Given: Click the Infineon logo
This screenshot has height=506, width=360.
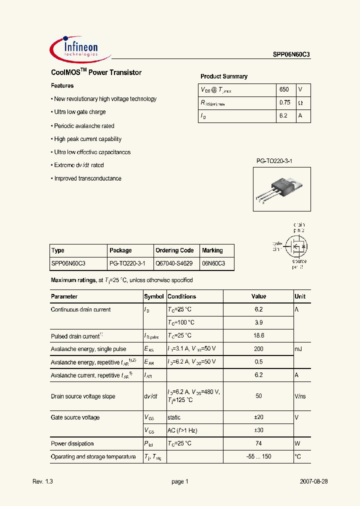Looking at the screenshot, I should (75, 48).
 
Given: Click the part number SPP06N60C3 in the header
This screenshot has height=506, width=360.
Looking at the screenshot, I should (291, 55).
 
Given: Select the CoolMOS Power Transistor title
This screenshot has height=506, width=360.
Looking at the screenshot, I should (96, 72).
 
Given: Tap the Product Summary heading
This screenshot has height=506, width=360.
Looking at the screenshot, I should (223, 76).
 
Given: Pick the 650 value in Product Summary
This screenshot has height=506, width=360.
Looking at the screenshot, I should (284, 89).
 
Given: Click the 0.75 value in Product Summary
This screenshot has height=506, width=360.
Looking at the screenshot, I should (284, 103).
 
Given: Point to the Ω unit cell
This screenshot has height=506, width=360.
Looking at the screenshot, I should (300, 103).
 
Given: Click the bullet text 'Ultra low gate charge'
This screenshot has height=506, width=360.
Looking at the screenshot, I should (80, 112).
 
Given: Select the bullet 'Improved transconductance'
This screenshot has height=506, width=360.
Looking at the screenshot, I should (87, 178).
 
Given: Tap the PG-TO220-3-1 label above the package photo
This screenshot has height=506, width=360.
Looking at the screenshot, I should (274, 161).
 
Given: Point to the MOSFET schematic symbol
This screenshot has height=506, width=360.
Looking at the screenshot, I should (296, 245).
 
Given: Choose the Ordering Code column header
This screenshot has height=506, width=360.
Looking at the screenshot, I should (174, 250).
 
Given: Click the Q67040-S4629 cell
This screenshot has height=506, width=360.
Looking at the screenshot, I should (174, 263).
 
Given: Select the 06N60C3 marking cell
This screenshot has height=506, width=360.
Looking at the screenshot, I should (213, 263).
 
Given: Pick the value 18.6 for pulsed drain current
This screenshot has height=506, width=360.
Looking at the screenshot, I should (258, 335).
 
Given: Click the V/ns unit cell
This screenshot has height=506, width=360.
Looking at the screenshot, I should (300, 396).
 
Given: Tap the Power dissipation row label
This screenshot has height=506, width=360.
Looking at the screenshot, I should (72, 443).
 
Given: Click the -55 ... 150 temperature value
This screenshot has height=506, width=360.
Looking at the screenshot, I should (258, 456).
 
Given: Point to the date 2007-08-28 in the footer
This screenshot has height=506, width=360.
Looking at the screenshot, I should (313, 481).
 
